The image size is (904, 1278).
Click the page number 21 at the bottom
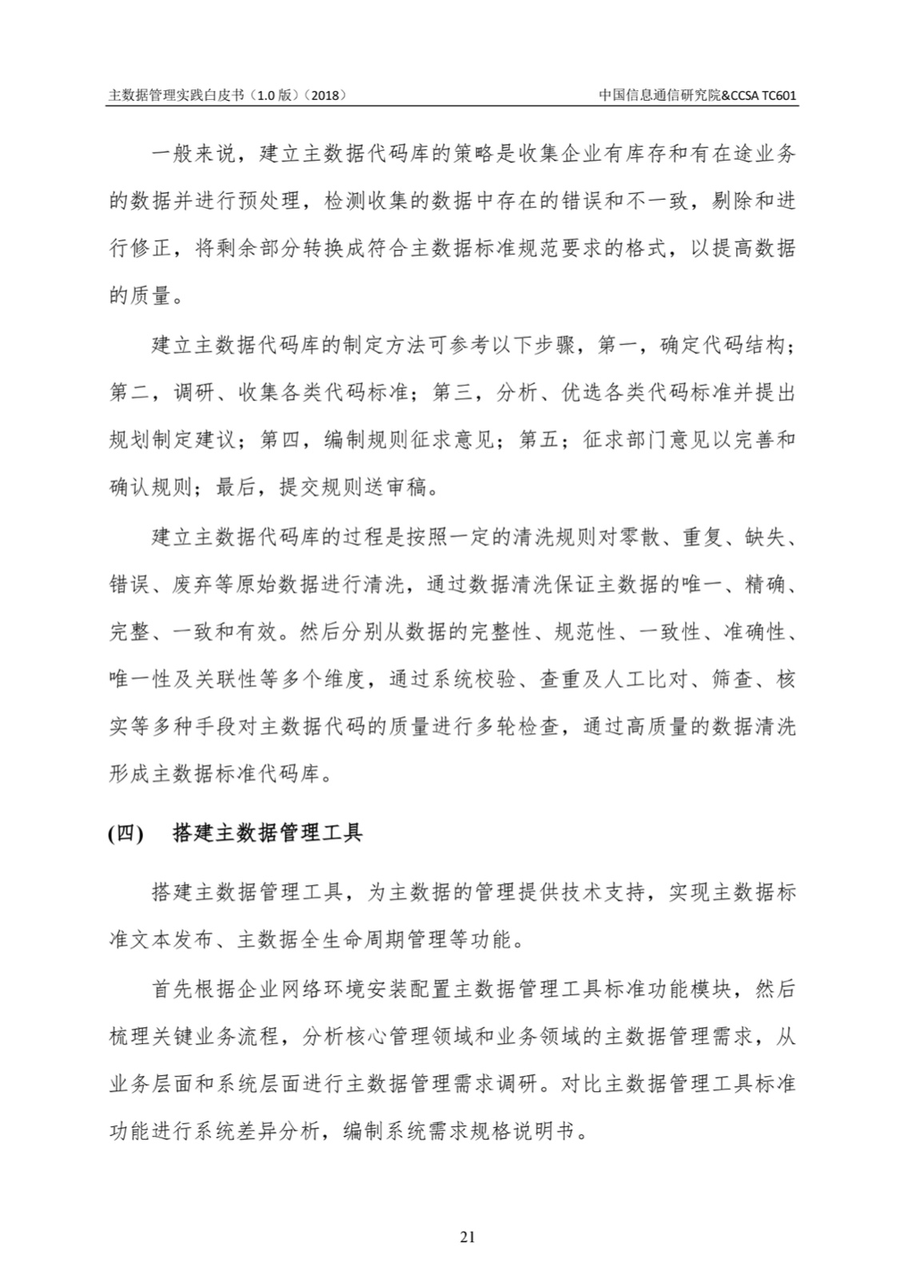pyautogui.click(x=468, y=1237)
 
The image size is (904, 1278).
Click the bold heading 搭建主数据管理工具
pyautogui.click(x=268, y=833)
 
